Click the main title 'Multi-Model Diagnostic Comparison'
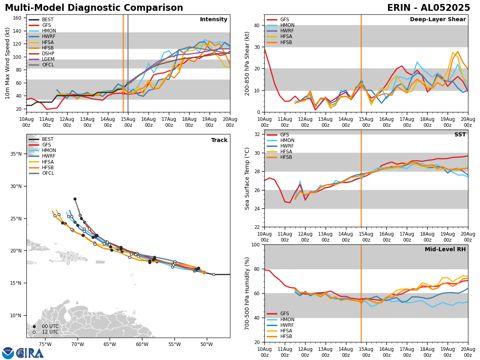click(x=94, y=8)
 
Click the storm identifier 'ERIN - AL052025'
click(x=428, y=8)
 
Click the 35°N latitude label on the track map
click(x=16, y=154)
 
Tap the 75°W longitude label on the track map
click(x=45, y=345)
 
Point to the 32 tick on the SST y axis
click(x=258, y=134)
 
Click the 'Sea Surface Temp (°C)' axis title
click(x=248, y=178)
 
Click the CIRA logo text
click(x=30, y=353)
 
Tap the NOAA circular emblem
click(x=8, y=353)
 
